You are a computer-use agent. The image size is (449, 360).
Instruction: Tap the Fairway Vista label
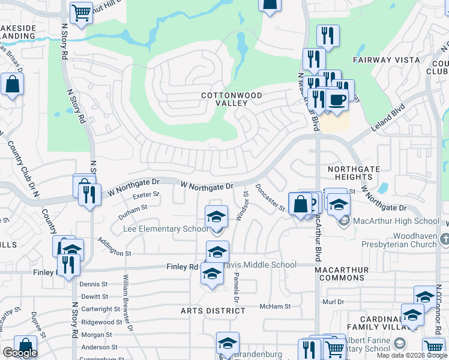click(386, 60)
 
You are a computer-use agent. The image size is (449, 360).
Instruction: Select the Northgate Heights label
click(350, 173)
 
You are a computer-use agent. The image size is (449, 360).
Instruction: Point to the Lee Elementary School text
click(165, 229)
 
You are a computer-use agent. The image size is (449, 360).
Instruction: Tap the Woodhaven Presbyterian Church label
click(399, 240)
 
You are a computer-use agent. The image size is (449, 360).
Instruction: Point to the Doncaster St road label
click(270, 197)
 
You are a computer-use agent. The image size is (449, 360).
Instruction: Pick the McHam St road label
click(275, 306)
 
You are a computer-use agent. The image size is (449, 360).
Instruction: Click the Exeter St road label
click(146, 195)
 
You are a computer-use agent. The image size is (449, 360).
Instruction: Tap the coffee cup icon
click(337, 100)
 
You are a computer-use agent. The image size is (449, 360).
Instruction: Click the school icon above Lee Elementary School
click(217, 216)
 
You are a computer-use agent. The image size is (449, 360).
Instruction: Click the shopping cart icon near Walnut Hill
click(80, 13)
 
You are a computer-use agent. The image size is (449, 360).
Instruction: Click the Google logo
click(20, 353)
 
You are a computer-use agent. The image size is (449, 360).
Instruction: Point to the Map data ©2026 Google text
click(411, 355)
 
